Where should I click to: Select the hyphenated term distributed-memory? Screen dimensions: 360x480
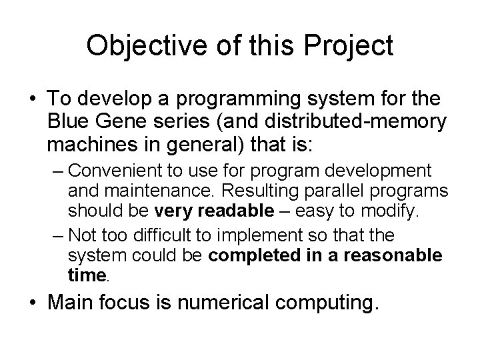[x=346, y=121]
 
